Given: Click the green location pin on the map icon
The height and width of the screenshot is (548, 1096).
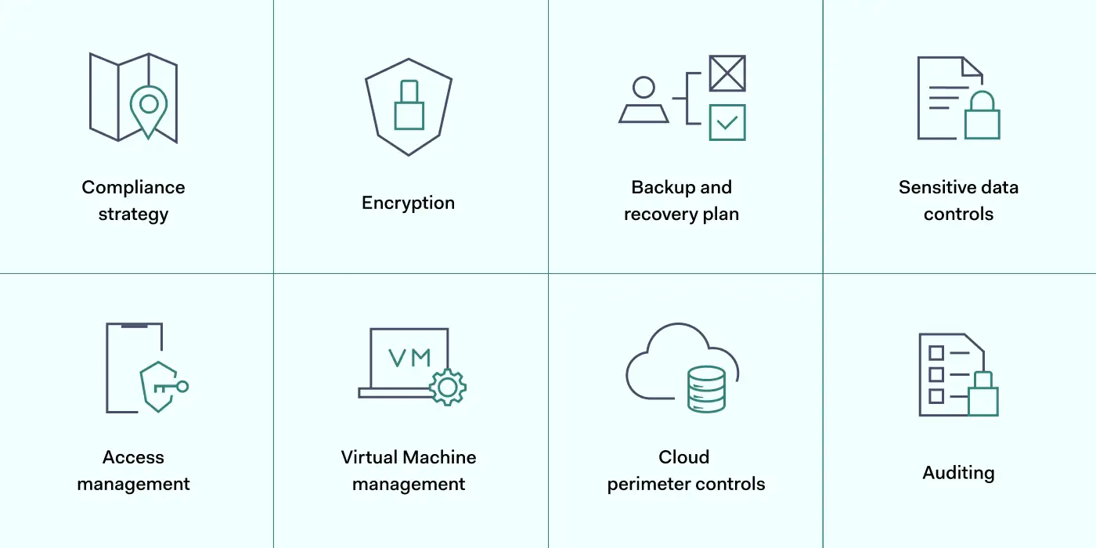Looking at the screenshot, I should point(149,106).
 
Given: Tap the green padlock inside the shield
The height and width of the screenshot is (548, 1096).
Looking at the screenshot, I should point(409,110).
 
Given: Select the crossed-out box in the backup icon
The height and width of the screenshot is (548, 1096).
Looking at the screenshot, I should point(727,73).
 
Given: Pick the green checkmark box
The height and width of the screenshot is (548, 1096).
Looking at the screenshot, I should point(727,122).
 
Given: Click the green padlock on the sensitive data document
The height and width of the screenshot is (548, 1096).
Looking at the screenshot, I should point(982,120).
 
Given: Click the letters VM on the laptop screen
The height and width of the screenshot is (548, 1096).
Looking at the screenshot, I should point(409,358).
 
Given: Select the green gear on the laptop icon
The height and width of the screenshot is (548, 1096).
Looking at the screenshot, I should point(448,387).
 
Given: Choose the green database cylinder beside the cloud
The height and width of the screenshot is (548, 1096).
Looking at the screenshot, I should point(706,389).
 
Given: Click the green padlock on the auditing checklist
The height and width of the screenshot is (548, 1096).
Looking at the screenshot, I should point(982,397).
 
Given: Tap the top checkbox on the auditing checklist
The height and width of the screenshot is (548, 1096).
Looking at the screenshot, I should point(936,353).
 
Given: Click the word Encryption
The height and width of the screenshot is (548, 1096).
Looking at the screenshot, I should point(408,203).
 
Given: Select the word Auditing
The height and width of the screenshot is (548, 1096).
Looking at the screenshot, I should point(958,473).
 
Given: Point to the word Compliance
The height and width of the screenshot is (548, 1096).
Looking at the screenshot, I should point(133,188).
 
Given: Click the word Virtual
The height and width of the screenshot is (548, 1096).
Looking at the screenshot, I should point(370,457).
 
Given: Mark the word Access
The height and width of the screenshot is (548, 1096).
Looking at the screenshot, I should point(133,457).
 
